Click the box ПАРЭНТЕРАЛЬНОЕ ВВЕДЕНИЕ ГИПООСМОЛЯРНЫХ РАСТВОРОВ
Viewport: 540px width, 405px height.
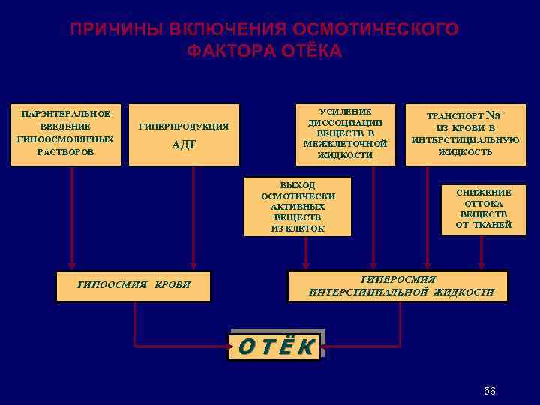tap(67, 133)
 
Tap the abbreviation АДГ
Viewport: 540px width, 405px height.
tap(184, 145)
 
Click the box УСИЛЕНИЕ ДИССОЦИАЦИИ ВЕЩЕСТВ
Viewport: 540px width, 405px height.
tap(345, 133)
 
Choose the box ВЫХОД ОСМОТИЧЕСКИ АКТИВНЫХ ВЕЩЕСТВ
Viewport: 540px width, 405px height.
tap(298, 206)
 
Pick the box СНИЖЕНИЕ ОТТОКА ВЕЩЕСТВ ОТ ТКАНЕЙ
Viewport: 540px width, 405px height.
tap(483, 208)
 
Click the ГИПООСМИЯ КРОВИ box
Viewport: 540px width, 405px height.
tap(134, 284)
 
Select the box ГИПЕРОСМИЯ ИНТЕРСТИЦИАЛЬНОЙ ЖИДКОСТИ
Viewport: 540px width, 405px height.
tap(398, 285)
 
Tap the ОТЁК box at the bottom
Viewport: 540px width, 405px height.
tap(276, 346)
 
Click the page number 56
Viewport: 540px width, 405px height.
tap(490, 391)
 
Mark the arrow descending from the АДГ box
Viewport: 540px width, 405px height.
tap(194, 217)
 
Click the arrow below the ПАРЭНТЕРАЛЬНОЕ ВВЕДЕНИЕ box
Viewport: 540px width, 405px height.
tap(72, 217)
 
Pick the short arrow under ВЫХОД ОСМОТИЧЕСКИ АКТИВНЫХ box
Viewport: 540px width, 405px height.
tap(306, 251)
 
